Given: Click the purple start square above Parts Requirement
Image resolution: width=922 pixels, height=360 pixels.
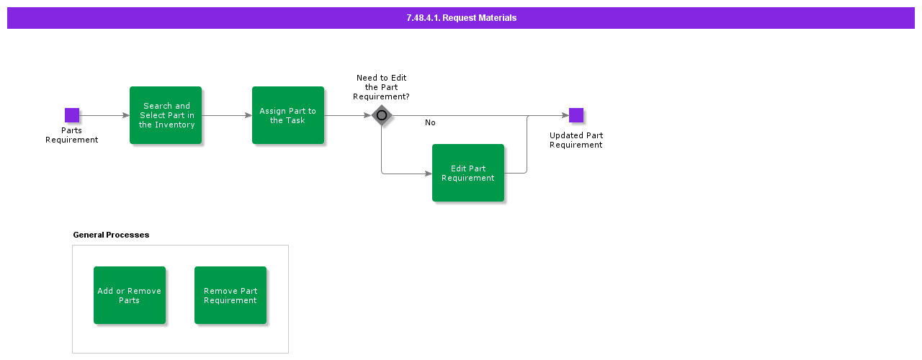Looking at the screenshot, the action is click(72, 115).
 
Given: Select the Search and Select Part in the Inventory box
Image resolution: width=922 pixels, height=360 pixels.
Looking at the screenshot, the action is click(166, 115).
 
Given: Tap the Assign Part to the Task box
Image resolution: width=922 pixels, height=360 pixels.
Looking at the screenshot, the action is click(288, 115).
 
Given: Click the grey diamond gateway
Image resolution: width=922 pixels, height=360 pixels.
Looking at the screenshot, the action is click(382, 115).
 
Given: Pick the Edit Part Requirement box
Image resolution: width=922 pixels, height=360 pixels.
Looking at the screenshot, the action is click(468, 173).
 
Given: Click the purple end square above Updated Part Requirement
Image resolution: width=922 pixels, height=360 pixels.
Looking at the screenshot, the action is click(576, 115).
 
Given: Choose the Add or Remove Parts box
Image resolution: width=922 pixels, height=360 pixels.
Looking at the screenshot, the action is click(130, 295).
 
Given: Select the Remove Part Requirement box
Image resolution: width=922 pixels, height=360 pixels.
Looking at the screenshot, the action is click(230, 295).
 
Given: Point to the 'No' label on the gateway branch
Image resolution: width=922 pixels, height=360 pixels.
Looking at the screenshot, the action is click(430, 122).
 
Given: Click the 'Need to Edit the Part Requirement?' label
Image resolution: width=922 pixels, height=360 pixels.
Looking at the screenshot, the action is click(381, 87).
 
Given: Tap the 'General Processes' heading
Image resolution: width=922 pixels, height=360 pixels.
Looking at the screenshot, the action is click(111, 235).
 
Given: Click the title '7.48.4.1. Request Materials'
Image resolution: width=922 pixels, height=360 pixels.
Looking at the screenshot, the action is click(462, 18).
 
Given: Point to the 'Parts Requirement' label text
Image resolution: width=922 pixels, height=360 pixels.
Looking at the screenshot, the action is click(71, 135).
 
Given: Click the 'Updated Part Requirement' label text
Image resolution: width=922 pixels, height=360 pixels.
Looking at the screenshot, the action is click(576, 140).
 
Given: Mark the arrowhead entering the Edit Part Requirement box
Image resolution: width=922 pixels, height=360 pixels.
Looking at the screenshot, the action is click(429, 174).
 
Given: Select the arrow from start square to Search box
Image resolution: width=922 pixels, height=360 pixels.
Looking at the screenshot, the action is click(104, 115).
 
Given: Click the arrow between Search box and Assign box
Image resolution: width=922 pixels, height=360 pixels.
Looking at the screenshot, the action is click(227, 115).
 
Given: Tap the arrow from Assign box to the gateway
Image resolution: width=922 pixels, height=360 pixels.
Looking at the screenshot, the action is click(348, 115).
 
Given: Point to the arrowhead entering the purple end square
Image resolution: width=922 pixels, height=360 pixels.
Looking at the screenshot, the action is click(565, 115).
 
